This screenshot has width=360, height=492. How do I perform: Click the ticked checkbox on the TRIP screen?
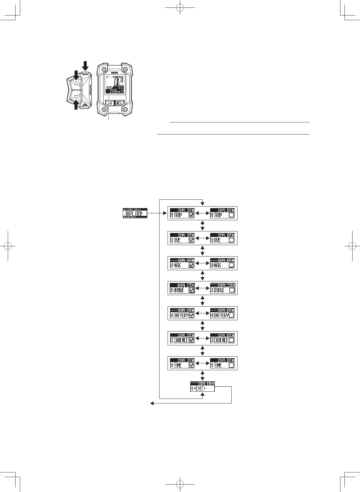pyautogui.click(x=191, y=215)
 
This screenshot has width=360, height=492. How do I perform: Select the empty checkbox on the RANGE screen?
pyautogui.click(x=232, y=290)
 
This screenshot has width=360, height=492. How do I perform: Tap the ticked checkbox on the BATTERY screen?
pyautogui.click(x=191, y=315)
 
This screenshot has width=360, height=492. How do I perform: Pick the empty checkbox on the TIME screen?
pyautogui.click(x=231, y=365)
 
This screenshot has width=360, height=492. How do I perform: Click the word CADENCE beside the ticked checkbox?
pyautogui.click(x=181, y=340)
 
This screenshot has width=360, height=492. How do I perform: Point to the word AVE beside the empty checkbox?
pyautogui.click(x=217, y=240)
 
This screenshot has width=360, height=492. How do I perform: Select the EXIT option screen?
pyautogui.click(x=202, y=387)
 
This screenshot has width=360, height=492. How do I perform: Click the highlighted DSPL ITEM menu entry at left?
pyautogui.click(x=135, y=213)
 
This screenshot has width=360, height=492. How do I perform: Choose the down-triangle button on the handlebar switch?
pyautogui.click(x=76, y=98)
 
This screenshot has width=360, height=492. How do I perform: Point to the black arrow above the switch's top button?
pyautogui.click(x=86, y=65)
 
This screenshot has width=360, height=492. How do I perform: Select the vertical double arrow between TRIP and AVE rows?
pyautogui.click(x=202, y=225)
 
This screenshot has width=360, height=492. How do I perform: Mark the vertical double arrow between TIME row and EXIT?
pyautogui.click(x=202, y=375)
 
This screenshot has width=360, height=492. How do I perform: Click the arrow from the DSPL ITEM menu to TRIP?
pyautogui.click(x=157, y=213)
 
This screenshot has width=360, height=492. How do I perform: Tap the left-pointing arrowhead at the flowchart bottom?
pyautogui.click(x=152, y=403)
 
